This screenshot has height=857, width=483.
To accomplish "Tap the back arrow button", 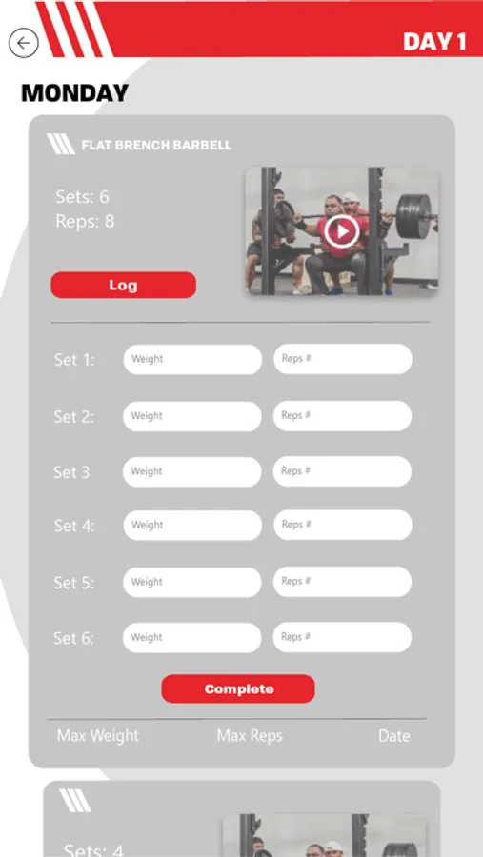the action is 24,43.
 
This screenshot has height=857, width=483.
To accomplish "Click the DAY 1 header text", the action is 434,42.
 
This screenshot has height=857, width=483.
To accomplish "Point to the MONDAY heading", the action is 75,93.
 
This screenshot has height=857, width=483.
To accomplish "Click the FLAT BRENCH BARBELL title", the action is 156,145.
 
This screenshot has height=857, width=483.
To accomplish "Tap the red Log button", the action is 124,285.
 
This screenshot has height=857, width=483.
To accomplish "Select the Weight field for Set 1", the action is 192,359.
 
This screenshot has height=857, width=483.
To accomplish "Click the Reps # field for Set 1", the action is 343,359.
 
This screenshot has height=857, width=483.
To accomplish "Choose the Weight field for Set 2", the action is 192,416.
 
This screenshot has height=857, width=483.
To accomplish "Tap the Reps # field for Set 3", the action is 342,471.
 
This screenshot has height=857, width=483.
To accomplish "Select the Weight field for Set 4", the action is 192,526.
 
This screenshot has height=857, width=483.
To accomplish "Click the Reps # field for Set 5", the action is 342,582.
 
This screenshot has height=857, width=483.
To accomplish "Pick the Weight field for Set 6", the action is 192,637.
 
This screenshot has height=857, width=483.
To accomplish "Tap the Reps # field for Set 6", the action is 342,637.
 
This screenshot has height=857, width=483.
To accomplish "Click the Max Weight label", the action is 98,736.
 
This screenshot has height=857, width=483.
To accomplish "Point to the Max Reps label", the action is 250,736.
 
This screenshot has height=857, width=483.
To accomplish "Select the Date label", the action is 393,736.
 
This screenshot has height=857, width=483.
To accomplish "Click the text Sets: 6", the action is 83,196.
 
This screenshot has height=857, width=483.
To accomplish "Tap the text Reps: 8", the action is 86,221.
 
